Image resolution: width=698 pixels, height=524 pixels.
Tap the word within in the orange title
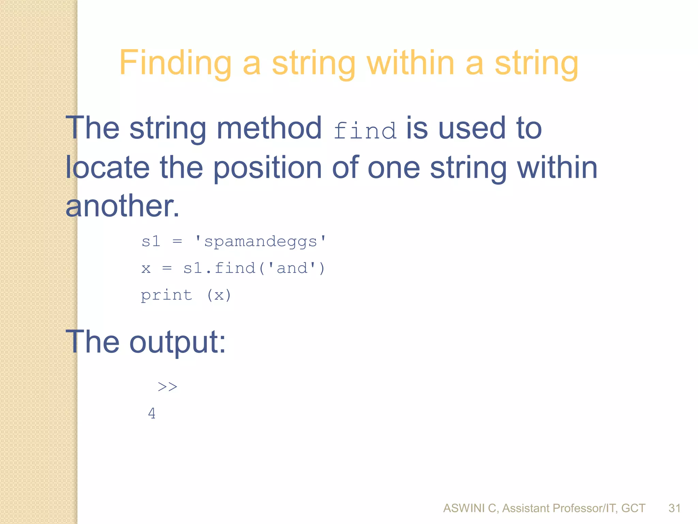(x=410, y=63)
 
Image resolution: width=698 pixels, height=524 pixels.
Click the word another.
(x=122, y=207)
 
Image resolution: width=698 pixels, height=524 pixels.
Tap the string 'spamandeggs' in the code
(x=260, y=242)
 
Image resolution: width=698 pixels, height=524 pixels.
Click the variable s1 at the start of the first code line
(x=151, y=242)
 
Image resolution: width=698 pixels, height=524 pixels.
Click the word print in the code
(x=166, y=295)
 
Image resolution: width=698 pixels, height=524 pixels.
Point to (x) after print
(x=219, y=295)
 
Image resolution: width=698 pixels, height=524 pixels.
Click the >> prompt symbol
(x=167, y=387)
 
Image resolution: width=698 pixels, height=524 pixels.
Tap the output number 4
(x=152, y=413)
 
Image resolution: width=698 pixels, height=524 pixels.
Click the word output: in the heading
(x=177, y=342)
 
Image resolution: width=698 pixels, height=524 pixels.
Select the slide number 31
(x=674, y=508)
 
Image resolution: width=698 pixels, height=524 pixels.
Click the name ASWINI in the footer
(x=464, y=508)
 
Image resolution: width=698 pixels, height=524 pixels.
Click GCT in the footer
(x=633, y=508)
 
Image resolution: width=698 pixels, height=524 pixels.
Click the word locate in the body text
(x=107, y=168)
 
